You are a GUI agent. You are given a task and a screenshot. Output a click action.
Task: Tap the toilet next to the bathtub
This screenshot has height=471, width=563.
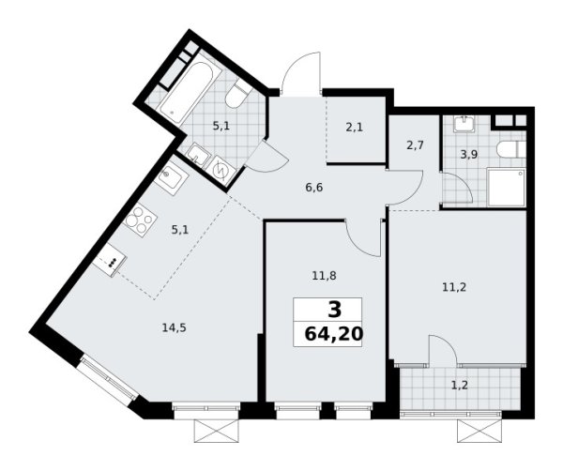(x=239, y=96)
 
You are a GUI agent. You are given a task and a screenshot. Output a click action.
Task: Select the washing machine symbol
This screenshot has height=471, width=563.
(x=223, y=170)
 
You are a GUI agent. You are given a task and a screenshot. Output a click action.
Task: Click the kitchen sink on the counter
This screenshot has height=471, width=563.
(x=172, y=178)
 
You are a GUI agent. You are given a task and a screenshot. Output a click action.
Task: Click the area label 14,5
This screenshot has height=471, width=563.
(x=172, y=327)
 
